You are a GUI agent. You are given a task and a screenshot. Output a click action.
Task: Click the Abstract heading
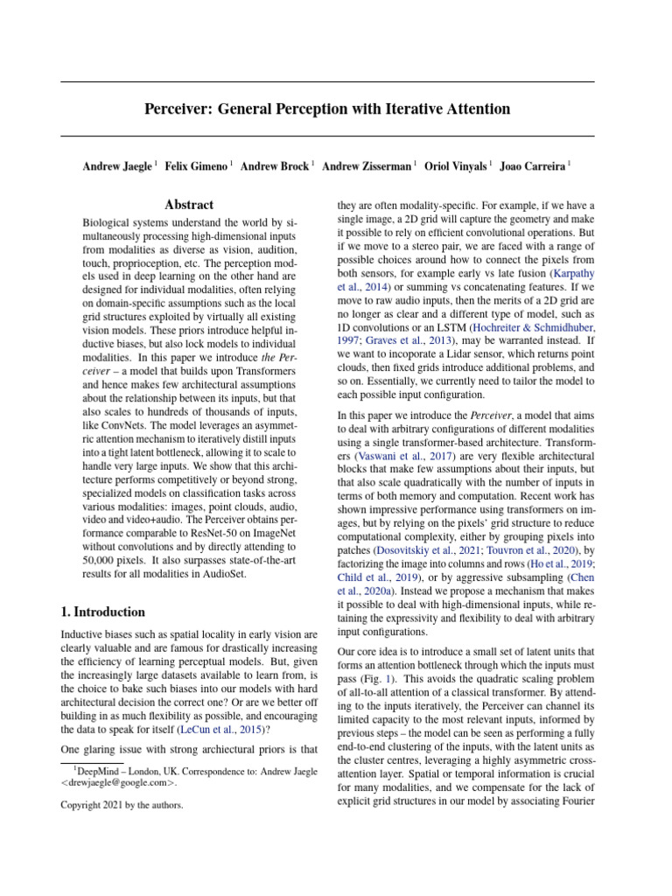tap(189, 205)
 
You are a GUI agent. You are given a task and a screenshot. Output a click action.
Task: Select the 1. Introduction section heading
tap(103, 612)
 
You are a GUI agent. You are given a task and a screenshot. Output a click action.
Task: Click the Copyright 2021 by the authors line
tap(122, 806)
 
